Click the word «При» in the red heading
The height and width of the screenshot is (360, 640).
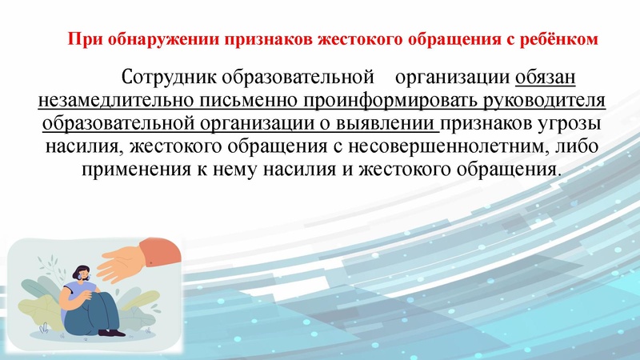(79, 39)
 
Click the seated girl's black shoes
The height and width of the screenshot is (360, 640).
(102, 330)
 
